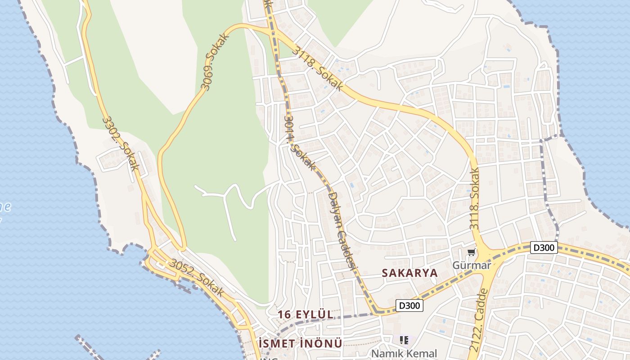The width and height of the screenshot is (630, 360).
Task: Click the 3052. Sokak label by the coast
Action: click(x=197, y=277)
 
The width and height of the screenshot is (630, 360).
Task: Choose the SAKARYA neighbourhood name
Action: click(x=409, y=273)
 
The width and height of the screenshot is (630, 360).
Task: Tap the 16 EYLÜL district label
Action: click(x=306, y=315)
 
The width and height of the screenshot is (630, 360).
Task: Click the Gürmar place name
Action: click(x=472, y=265)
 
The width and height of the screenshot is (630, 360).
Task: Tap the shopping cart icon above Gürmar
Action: click(x=471, y=252)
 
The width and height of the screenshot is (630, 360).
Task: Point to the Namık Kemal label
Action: click(x=404, y=354)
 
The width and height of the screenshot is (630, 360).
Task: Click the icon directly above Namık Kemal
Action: click(x=404, y=340)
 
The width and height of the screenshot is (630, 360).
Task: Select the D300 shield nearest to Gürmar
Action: click(x=544, y=247)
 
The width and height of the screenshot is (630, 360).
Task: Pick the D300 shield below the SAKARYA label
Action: click(x=409, y=306)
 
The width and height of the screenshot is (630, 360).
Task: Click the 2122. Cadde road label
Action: click(x=479, y=320)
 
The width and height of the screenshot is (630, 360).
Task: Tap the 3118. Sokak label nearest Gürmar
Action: click(x=474, y=198)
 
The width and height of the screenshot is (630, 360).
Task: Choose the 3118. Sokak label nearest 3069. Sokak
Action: click(x=317, y=68)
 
